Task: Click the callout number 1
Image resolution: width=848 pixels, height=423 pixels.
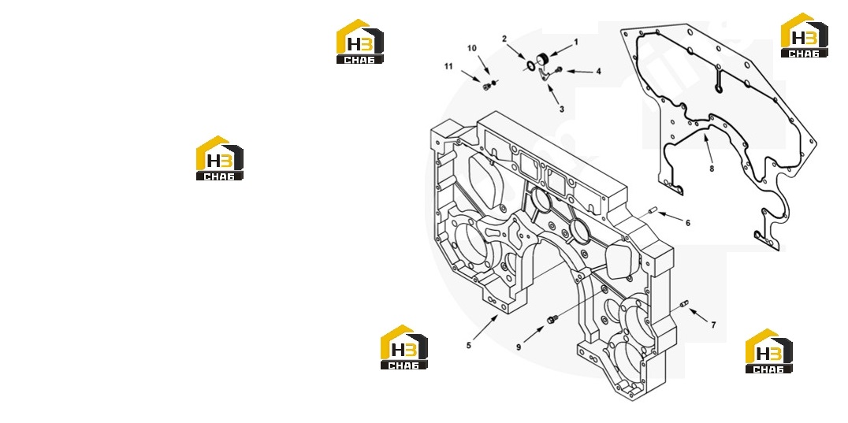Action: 576,42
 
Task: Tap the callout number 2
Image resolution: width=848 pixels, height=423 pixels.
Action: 504,39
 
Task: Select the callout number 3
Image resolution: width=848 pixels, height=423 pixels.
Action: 561,109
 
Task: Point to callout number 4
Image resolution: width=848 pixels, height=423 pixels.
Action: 598,72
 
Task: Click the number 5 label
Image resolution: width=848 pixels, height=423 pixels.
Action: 469,345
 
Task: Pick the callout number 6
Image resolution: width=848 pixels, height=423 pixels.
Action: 688,223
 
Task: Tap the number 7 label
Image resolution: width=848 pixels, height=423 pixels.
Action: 713,325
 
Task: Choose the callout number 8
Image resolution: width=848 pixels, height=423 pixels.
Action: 712,169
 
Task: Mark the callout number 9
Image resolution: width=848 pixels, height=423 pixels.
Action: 518,347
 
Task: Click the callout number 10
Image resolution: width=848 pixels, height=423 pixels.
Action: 472,49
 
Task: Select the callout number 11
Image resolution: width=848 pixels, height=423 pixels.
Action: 448,66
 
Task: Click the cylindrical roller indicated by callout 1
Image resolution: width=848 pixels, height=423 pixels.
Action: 542,60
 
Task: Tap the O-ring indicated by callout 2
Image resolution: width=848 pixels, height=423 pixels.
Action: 530,66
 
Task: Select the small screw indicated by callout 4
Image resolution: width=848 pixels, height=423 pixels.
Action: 559,69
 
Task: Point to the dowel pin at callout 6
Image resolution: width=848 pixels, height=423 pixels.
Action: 652,210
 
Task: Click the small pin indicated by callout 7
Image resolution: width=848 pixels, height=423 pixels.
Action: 684,305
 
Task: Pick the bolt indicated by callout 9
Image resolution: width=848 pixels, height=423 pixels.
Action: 552,320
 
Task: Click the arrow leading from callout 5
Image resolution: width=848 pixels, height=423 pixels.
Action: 485,328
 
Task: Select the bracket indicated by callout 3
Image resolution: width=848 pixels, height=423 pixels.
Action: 545,76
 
